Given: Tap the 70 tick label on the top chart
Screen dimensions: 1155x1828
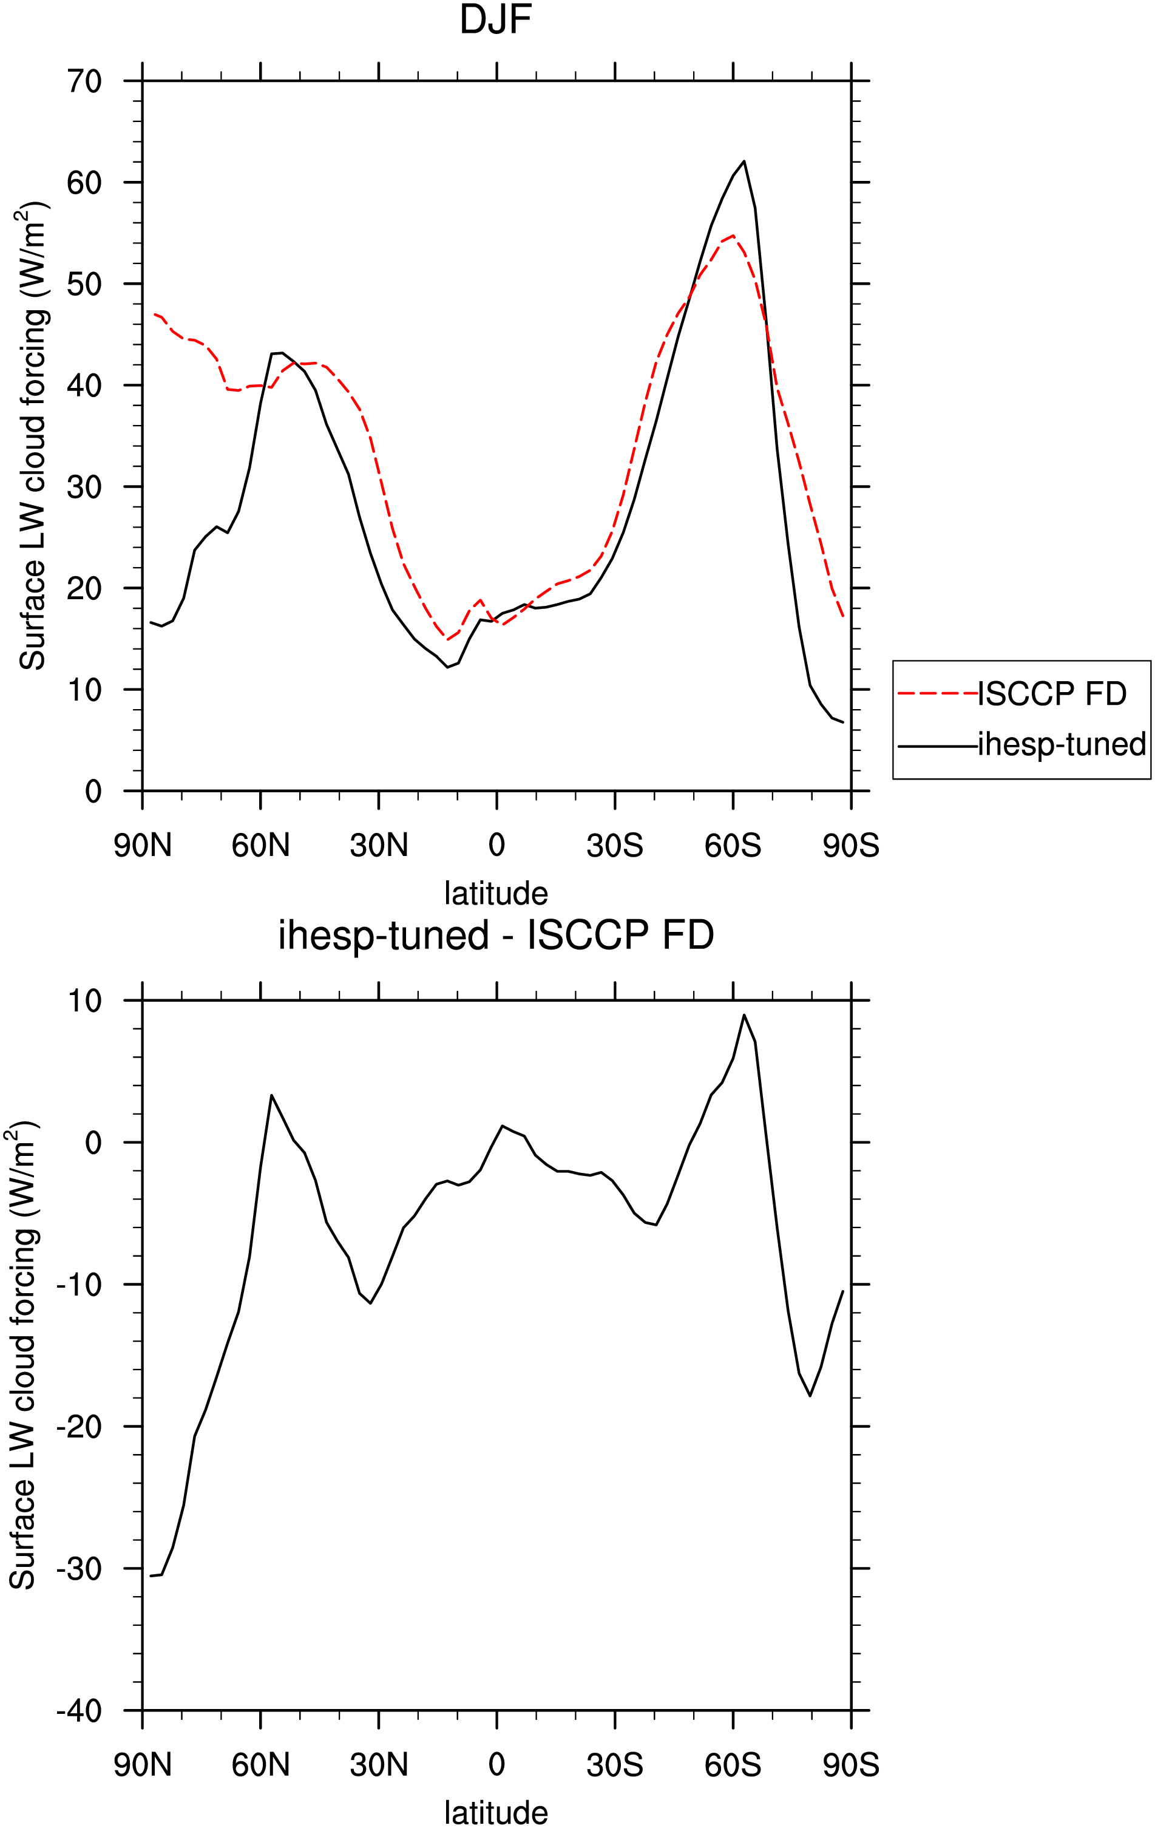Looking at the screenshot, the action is pyautogui.click(x=84, y=81).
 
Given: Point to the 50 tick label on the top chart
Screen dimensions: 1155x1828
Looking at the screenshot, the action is pyautogui.click(x=84, y=284).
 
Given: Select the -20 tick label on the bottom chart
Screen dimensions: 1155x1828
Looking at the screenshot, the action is pyautogui.click(x=79, y=1427).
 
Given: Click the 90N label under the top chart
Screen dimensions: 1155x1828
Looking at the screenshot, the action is pyautogui.click(x=143, y=846).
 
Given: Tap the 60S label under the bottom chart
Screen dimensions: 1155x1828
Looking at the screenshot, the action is pyautogui.click(x=733, y=1765).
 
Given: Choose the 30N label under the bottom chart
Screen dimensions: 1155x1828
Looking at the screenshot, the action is pyautogui.click(x=379, y=1765).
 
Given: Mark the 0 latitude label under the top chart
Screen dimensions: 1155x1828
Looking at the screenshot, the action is pyautogui.click(x=496, y=845).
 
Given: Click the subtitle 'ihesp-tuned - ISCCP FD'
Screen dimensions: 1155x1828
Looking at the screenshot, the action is pyautogui.click(x=496, y=936).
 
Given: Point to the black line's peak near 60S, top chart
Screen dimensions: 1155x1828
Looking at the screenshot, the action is pyautogui.click(x=745, y=161).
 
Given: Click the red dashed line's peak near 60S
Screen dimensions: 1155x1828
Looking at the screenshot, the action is pyautogui.click(x=733, y=236).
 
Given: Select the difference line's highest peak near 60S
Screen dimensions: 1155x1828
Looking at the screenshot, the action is pyautogui.click(x=745, y=1015).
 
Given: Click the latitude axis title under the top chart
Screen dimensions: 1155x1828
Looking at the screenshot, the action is pyautogui.click(x=496, y=894).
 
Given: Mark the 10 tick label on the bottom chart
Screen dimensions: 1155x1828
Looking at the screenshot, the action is pyautogui.click(x=84, y=1001).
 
